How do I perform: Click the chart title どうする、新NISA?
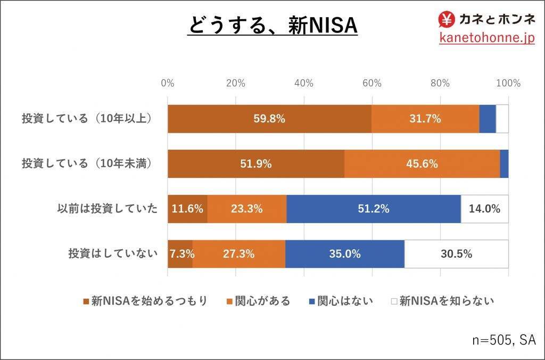pos(272,26)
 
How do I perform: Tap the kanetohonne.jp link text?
pos(486,38)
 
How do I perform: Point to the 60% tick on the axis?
pos(372,83)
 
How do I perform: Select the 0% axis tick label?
pos(168,83)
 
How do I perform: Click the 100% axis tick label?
pos(508,83)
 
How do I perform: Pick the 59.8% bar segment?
pos(269,118)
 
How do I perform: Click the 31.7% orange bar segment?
pos(425,118)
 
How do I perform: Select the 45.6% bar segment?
pos(422,163)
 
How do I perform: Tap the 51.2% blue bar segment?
pos(373,209)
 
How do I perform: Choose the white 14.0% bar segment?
pos(484,209)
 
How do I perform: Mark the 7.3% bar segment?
pos(180,254)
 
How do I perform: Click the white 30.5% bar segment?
pos(456,254)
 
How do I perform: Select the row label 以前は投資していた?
pos(107,209)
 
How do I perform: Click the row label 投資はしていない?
pos(113,254)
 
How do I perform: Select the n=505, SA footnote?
pos(503,339)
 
